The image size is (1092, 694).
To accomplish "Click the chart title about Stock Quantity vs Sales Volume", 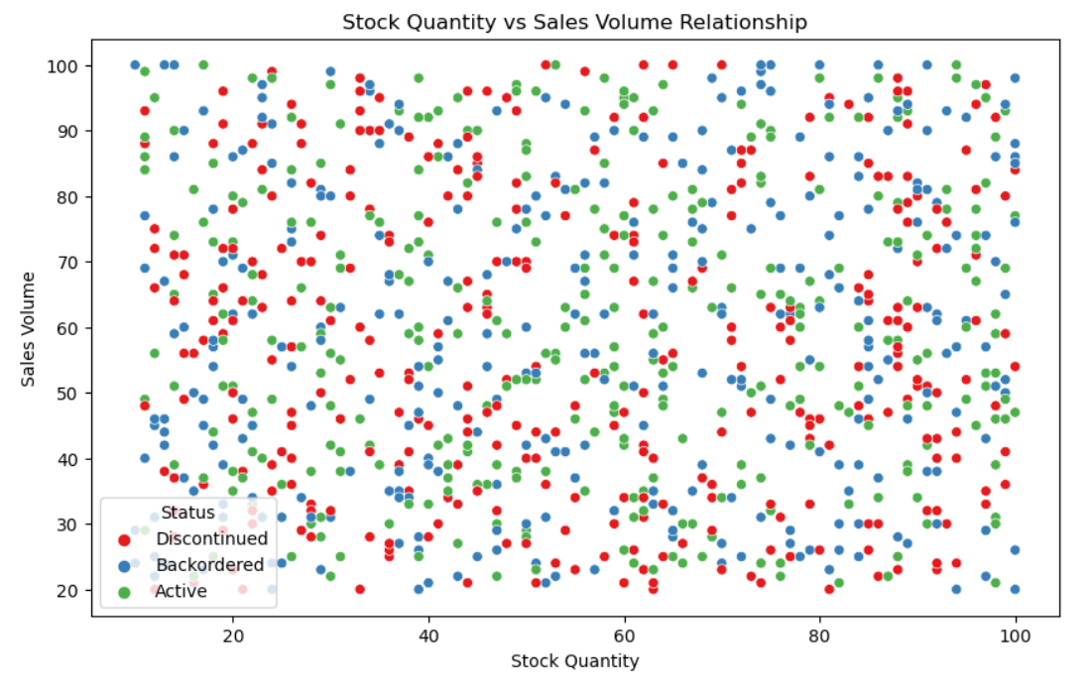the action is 574,22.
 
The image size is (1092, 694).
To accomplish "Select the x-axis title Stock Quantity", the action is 574,660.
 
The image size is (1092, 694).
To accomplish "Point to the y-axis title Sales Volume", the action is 28,329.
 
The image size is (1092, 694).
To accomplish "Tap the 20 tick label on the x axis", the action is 233,636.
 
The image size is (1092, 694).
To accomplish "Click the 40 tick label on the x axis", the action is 428,636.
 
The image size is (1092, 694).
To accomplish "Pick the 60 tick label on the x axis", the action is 624,636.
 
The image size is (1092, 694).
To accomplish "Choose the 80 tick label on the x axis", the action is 819,636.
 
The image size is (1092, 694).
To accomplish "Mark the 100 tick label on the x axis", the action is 1016,636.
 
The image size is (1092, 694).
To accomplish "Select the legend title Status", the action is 188,513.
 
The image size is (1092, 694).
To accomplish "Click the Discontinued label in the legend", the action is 211,538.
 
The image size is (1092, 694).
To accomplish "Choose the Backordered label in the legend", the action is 209,564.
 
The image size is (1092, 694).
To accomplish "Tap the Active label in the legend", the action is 182,591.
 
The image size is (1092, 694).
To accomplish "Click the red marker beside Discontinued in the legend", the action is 125,540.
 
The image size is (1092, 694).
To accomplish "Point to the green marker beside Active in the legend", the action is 125,592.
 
